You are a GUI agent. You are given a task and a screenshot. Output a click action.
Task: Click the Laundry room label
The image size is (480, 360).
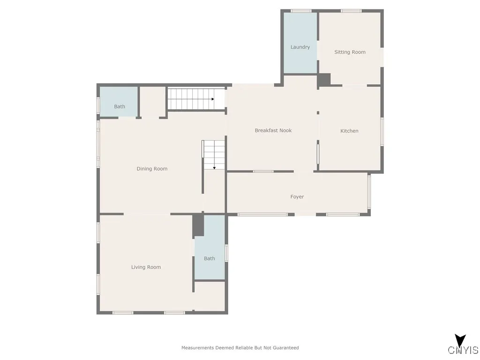pyautogui.click(x=300, y=47)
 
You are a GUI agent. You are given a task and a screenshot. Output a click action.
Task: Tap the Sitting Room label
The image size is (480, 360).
pyautogui.click(x=350, y=52)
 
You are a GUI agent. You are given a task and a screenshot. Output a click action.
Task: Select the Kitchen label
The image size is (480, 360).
pyautogui.click(x=349, y=131)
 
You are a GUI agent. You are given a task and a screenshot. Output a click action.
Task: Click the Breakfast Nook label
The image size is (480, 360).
pyautogui.click(x=273, y=130)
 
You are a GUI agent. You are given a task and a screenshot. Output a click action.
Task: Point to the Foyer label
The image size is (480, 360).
pyautogui.click(x=297, y=197)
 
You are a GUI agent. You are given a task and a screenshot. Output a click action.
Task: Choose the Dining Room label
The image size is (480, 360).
pyautogui.click(x=152, y=169)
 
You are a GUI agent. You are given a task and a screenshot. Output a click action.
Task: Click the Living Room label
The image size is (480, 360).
pyautogui.click(x=146, y=267)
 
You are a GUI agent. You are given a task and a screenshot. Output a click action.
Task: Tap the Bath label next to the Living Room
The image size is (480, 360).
pyautogui.click(x=210, y=258)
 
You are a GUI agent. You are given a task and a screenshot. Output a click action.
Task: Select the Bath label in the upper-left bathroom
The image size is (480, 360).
pyautogui.click(x=120, y=106)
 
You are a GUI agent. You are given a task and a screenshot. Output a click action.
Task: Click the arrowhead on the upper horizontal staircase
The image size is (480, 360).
pyautogui.click(x=213, y=99)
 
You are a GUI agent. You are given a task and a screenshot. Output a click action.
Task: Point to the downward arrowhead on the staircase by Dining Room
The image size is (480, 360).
pyautogui.click(x=214, y=167)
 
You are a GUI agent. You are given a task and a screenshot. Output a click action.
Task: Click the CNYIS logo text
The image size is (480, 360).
pyautogui.click(x=463, y=350)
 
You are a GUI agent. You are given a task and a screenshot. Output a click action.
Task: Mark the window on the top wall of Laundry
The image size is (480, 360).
pyautogui.click(x=301, y=11)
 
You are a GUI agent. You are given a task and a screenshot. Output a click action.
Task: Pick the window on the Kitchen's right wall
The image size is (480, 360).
pyautogui.click(x=382, y=131)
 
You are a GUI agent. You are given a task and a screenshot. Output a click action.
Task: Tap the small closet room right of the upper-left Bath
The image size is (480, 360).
pyautogui.click(x=153, y=101)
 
